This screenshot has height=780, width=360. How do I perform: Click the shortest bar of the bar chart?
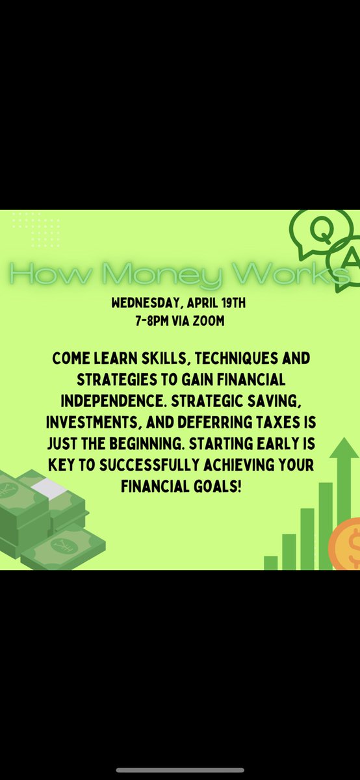tap(270, 562)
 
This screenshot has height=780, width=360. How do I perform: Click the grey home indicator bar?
tap(180, 770)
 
